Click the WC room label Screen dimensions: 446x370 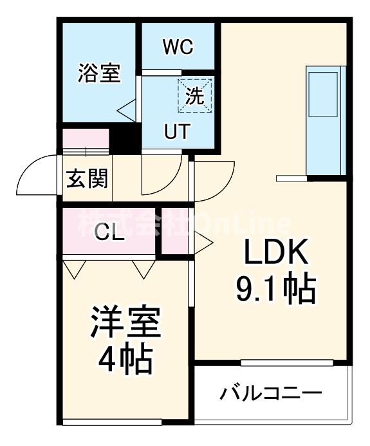178,47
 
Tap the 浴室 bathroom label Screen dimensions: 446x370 99,73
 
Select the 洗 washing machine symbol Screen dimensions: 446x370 194,95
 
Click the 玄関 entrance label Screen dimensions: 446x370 87,178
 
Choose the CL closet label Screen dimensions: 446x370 109,232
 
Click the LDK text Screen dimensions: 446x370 276,254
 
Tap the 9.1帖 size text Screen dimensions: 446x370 275,290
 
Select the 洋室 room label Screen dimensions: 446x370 125,326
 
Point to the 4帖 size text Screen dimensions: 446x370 125,360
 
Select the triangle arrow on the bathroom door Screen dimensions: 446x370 125,109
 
